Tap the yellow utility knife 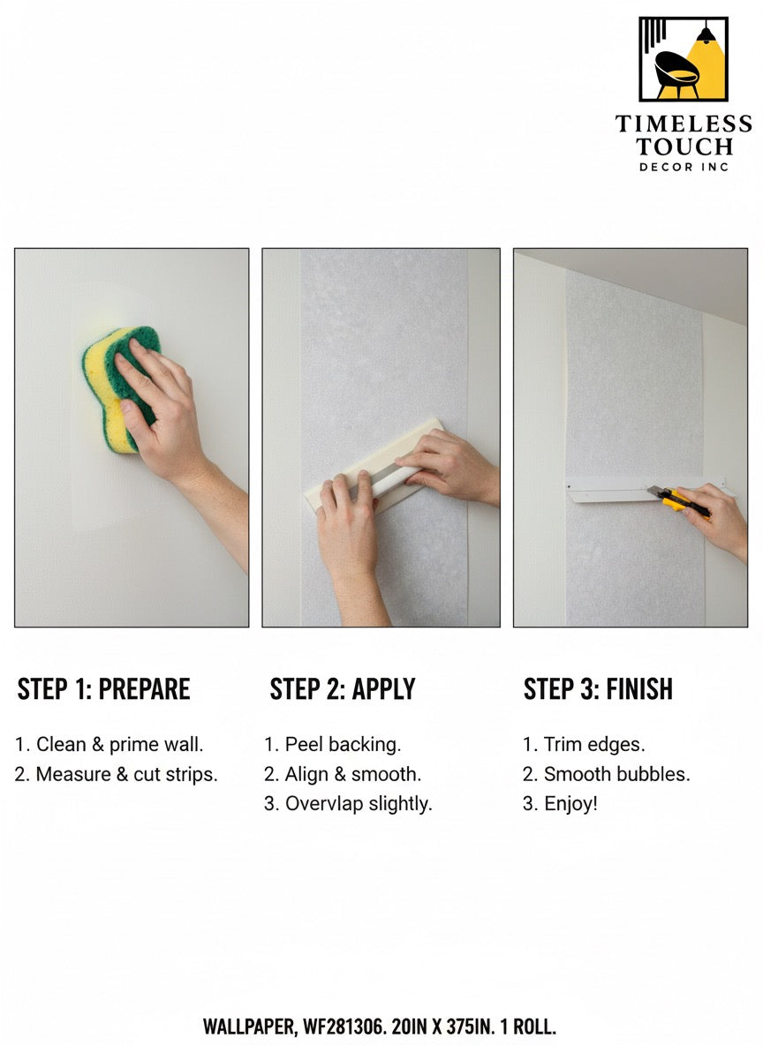click(679, 502)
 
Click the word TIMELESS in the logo click(684, 124)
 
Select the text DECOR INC click(684, 167)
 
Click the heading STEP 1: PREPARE click(103, 689)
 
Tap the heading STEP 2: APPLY click(342, 689)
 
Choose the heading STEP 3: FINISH click(598, 689)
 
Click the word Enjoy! click(570, 804)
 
